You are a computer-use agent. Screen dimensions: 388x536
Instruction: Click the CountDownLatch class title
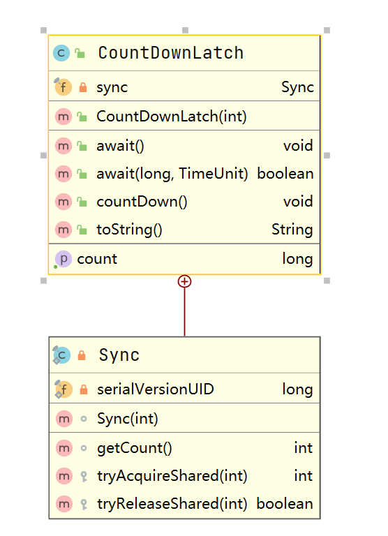point(170,53)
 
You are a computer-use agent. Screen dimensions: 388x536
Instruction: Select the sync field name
point(112,87)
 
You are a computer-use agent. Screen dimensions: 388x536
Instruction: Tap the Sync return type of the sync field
point(297,87)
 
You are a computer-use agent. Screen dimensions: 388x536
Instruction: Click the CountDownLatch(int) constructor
point(172,117)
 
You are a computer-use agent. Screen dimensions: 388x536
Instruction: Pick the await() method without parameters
point(120,146)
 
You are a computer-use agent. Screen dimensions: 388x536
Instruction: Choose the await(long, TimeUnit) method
point(172,174)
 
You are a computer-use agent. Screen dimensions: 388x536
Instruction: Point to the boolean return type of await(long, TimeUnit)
point(285,174)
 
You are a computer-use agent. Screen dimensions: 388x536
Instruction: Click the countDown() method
point(142,202)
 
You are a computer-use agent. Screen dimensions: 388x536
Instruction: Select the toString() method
point(129,230)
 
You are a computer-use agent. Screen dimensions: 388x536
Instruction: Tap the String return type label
point(292,230)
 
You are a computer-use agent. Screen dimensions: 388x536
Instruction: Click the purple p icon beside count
point(64,259)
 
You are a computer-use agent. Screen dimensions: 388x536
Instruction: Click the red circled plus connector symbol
point(185,281)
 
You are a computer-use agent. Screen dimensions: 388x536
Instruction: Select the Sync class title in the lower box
point(119,355)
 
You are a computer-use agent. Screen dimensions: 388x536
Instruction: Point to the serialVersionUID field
point(156,389)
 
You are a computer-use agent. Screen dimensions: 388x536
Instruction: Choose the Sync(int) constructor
point(128,419)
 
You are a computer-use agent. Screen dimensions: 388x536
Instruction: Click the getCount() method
point(135,448)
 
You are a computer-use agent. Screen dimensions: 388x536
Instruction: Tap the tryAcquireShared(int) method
point(172,476)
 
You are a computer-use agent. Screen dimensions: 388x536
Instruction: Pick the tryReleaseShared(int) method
point(172,504)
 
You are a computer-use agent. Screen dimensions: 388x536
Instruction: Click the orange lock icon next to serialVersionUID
point(84,389)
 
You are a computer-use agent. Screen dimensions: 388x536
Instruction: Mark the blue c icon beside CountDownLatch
point(61,53)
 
